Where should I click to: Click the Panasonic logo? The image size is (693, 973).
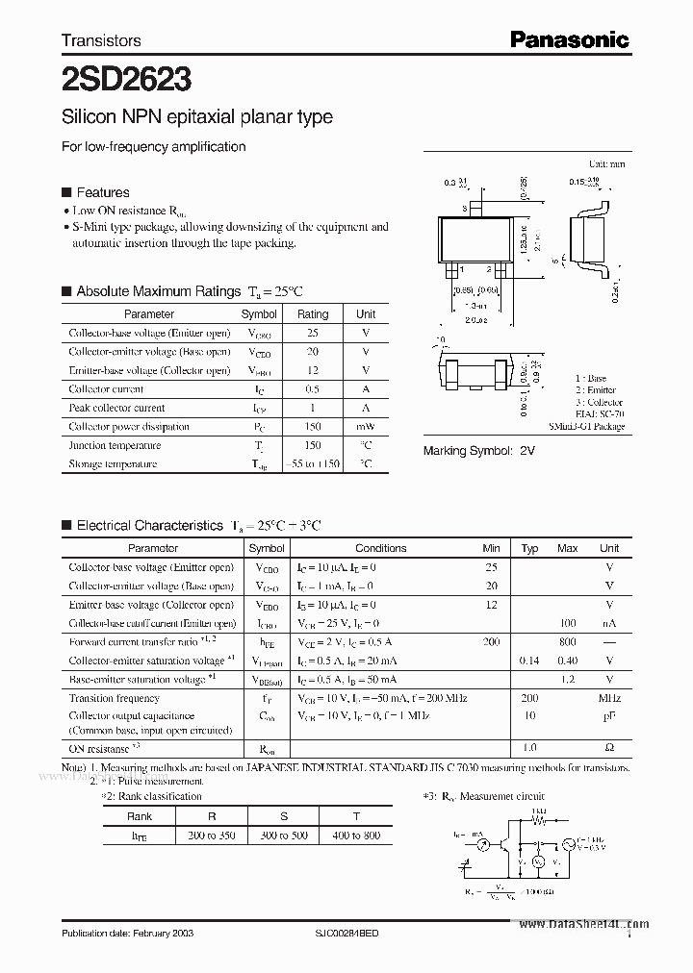[x=569, y=39]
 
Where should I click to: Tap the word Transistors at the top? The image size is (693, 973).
[x=101, y=40]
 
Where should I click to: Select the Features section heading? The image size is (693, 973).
[x=102, y=192]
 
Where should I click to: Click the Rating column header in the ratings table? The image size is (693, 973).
[x=313, y=314]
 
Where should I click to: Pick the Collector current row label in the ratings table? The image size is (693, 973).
[x=106, y=389]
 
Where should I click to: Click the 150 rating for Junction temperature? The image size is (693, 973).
[x=313, y=445]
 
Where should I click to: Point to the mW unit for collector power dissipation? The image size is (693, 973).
[x=366, y=427]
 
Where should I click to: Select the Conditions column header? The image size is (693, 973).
[x=380, y=548]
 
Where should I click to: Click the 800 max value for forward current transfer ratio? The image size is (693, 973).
[x=567, y=641]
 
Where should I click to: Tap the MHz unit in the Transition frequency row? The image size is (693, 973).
[x=608, y=698]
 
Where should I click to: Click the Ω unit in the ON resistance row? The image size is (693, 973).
[x=608, y=748]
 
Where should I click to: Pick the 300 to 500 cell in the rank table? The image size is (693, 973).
[x=284, y=836]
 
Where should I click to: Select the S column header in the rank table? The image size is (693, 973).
[x=284, y=816]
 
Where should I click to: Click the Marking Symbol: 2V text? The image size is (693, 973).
[x=479, y=451]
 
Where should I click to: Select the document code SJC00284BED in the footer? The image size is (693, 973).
[x=353, y=934]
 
